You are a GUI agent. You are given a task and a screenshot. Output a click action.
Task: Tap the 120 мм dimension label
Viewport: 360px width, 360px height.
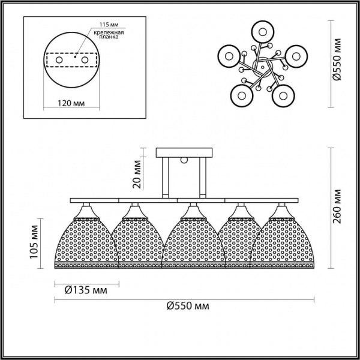pos(71,103)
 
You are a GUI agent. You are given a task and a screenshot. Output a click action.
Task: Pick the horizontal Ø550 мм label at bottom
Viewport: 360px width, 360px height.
pos(188,305)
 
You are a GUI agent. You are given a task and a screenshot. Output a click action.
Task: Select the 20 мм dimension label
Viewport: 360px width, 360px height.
pos(136,172)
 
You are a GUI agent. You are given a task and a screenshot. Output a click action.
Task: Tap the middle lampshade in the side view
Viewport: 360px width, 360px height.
pos(191,240)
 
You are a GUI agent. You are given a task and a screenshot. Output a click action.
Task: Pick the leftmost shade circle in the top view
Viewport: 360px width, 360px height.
pos(227,55)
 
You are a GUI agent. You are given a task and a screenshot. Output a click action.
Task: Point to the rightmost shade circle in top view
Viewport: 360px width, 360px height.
pos(294,55)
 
